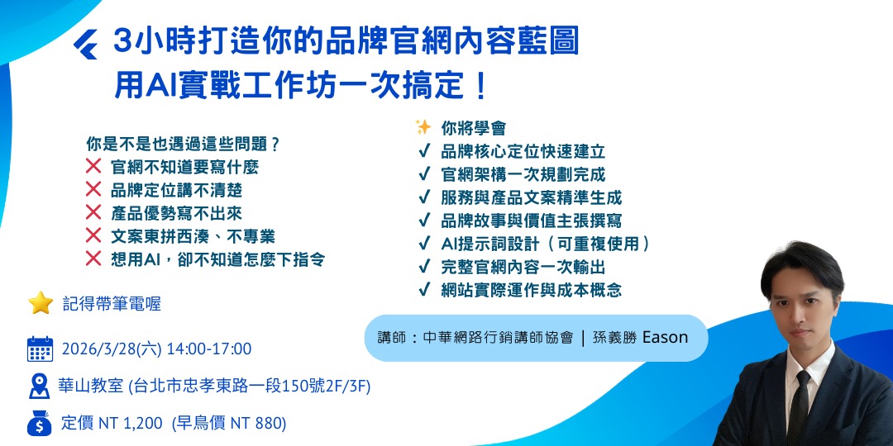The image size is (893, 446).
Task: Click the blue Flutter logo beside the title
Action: (85, 43)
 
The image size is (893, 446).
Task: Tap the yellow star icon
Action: (41, 303)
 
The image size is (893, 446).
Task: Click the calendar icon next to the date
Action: (40, 349)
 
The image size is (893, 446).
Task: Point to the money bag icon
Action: (40, 424)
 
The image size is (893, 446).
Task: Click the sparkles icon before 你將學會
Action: (423, 128)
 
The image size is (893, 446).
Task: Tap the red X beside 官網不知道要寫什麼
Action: (93, 167)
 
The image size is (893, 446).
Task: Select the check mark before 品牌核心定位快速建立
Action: (423, 152)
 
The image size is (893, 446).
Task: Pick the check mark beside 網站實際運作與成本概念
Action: (423, 290)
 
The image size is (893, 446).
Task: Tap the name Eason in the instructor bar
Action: (663, 338)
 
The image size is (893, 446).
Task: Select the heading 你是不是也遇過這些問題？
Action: (182, 143)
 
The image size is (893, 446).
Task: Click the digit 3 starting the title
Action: (122, 41)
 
